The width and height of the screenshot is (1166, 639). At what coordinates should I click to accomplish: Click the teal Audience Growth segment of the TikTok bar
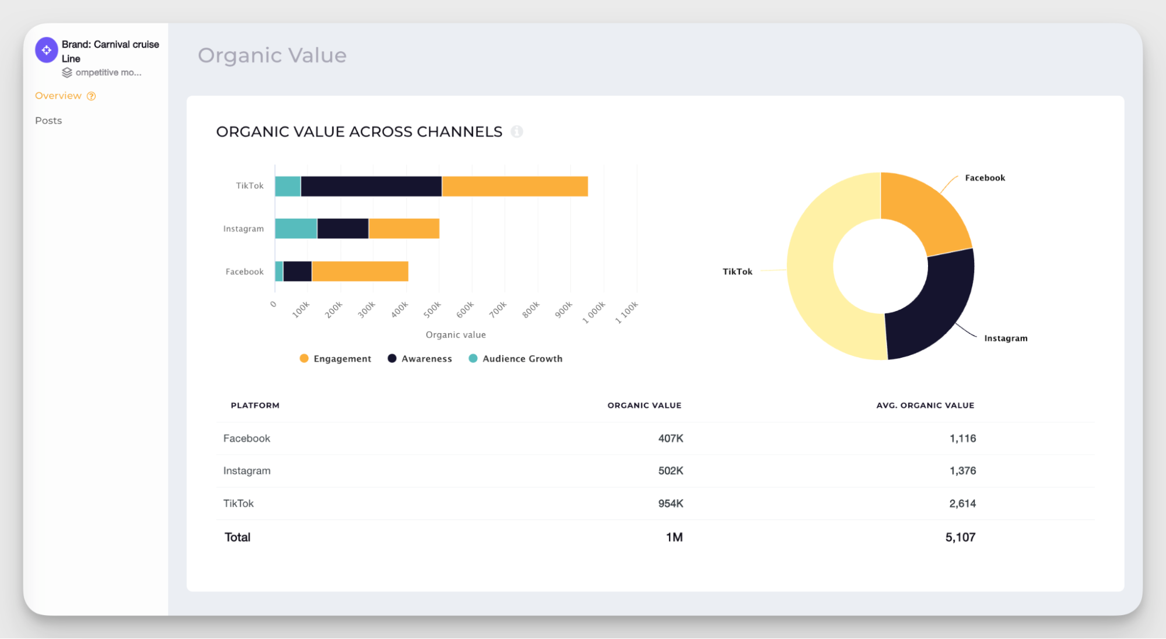(x=288, y=186)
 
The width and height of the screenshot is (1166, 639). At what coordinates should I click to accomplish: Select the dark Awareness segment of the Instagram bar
(x=343, y=229)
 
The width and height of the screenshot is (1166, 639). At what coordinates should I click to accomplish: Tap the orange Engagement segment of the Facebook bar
(x=360, y=271)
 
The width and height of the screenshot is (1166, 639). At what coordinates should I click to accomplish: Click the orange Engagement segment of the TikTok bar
(x=514, y=186)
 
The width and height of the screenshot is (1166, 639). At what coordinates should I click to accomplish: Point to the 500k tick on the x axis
(x=432, y=310)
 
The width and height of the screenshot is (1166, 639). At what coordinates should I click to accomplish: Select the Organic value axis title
(x=456, y=335)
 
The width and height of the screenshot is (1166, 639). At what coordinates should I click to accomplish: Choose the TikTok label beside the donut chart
(x=737, y=272)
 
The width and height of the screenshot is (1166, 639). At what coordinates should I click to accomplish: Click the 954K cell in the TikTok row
(x=670, y=504)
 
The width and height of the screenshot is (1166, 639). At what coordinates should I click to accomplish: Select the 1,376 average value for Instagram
(x=962, y=471)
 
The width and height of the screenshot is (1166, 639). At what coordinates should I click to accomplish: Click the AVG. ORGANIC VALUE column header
(x=925, y=406)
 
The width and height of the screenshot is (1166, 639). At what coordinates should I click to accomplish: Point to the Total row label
(x=237, y=537)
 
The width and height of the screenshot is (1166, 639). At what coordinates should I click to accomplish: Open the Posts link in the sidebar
(x=48, y=121)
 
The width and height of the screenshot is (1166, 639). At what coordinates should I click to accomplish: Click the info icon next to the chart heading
(x=517, y=132)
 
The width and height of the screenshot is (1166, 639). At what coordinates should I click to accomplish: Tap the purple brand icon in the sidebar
(x=47, y=50)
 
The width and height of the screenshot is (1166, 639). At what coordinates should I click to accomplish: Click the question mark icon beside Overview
(x=92, y=96)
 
